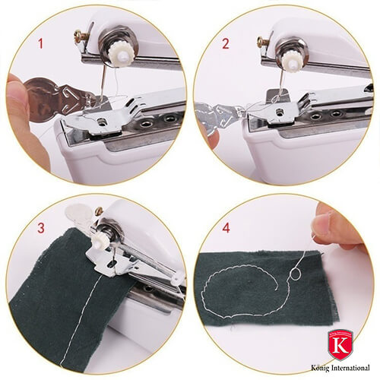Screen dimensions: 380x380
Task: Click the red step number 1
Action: (40, 43)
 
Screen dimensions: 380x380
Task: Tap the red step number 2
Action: (225, 43)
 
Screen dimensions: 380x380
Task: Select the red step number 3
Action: (41, 228)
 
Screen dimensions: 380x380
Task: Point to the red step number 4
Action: (226, 228)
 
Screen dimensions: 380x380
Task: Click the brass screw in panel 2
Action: (262, 42)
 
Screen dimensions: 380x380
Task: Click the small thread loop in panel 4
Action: (296, 274)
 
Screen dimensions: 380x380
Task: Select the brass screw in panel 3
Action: (99, 211)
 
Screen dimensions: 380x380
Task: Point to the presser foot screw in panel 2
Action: (280, 112)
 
